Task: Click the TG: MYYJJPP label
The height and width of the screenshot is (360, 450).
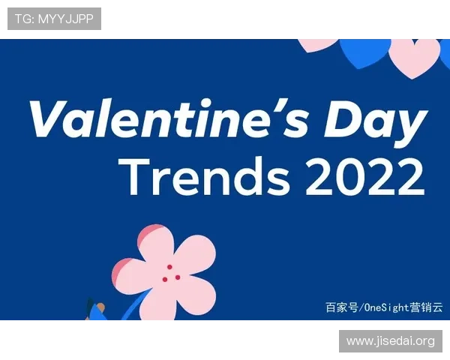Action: click(x=54, y=19)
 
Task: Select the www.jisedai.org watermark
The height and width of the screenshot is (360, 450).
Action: click(x=390, y=341)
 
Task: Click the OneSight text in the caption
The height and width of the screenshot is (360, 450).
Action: click(x=387, y=307)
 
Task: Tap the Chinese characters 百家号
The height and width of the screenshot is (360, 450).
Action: click(x=341, y=307)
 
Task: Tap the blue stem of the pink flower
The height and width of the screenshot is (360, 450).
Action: click(x=135, y=308)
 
